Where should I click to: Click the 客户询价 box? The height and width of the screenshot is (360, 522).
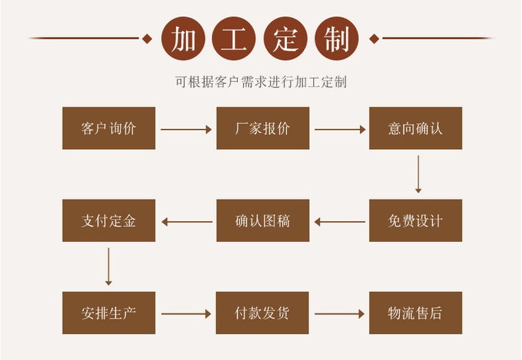pyautogui.click(x=108, y=128)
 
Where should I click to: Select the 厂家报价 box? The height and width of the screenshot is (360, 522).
pyautogui.click(x=262, y=128)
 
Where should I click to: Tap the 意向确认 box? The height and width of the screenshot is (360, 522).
pyautogui.click(x=415, y=128)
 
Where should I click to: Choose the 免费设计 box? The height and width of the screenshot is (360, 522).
pyautogui.click(x=415, y=221)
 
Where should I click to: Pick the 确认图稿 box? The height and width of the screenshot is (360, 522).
pyautogui.click(x=262, y=221)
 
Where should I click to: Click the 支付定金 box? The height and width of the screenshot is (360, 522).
pyautogui.click(x=108, y=221)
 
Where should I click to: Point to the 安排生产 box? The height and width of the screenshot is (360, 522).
pyautogui.click(x=108, y=312)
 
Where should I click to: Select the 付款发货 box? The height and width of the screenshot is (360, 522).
pyautogui.click(x=262, y=312)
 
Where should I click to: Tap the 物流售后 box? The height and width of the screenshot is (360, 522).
pyautogui.click(x=415, y=312)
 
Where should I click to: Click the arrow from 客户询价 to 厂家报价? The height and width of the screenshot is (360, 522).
pyautogui.click(x=186, y=129)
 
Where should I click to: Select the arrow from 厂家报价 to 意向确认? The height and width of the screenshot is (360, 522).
pyautogui.click(x=340, y=129)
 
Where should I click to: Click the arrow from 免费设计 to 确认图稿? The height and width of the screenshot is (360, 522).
pyautogui.click(x=340, y=222)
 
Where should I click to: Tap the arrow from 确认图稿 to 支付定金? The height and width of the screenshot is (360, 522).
pyautogui.click(x=186, y=222)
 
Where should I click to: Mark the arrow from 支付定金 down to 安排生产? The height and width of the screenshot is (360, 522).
pyautogui.click(x=108, y=266)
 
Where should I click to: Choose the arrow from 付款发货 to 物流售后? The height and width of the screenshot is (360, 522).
pyautogui.click(x=340, y=314)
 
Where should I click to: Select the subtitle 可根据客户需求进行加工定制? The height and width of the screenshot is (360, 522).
pyautogui.click(x=261, y=82)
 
